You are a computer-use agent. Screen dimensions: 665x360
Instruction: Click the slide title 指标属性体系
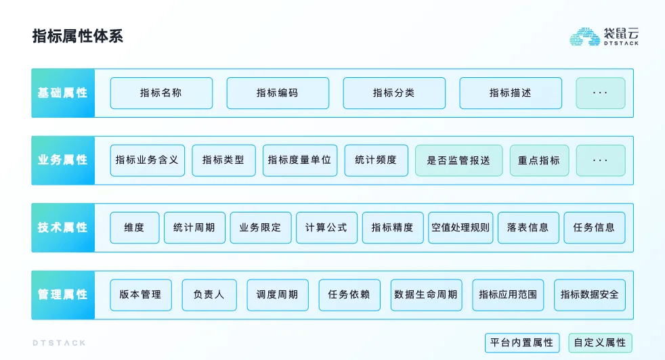78,36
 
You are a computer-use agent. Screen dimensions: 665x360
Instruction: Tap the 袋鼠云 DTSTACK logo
603,37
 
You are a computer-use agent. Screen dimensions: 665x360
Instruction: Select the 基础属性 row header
63,93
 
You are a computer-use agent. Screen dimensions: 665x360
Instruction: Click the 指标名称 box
161,93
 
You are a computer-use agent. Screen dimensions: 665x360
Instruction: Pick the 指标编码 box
278,93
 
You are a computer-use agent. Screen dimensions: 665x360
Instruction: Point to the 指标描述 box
511,93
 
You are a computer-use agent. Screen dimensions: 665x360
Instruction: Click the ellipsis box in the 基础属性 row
601,93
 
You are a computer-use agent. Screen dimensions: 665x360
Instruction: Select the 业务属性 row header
63,160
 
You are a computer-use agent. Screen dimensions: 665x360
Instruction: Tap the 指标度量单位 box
300,160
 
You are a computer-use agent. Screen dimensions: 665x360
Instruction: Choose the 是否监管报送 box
459,160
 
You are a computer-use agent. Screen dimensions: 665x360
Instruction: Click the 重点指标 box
539,160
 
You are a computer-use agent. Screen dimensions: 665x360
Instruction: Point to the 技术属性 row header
63,227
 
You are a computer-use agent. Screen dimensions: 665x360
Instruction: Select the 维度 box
135,227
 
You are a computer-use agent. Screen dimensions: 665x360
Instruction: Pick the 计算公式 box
326,227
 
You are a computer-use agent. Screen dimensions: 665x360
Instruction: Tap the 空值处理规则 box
460,227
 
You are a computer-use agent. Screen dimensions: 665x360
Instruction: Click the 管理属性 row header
63,295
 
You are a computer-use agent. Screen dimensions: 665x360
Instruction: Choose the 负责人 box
209,295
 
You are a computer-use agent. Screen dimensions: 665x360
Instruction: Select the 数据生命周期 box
426,295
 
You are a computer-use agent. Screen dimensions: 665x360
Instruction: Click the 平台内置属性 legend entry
522,342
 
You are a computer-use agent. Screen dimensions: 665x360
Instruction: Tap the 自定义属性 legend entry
600,342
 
